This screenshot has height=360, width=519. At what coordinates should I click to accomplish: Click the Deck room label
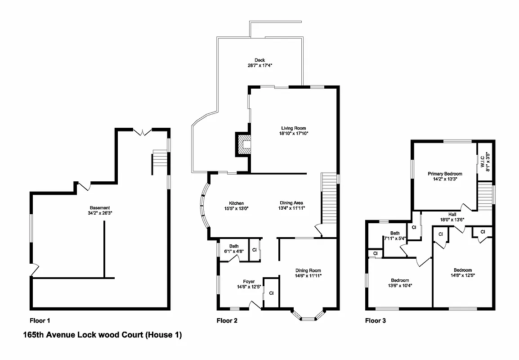[x=259, y=60]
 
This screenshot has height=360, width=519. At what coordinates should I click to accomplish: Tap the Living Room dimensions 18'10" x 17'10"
[x=293, y=134]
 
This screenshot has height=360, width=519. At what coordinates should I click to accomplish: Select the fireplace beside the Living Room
[x=243, y=144]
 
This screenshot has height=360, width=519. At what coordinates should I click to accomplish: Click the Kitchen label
[x=236, y=203]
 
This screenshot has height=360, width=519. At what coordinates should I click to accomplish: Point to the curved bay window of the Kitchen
[x=203, y=207]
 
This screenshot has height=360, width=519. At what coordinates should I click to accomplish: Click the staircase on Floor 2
[x=329, y=198]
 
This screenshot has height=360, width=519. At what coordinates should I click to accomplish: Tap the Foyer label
[x=249, y=281]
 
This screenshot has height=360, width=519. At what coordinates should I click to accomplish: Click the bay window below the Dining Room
[x=308, y=315]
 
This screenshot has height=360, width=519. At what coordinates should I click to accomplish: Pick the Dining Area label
[x=291, y=203]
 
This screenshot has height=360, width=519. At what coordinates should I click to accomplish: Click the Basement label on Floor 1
[x=100, y=207]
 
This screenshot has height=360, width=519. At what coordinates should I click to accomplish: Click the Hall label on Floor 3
[x=452, y=214]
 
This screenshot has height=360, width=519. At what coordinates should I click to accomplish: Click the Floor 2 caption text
[x=227, y=321]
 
